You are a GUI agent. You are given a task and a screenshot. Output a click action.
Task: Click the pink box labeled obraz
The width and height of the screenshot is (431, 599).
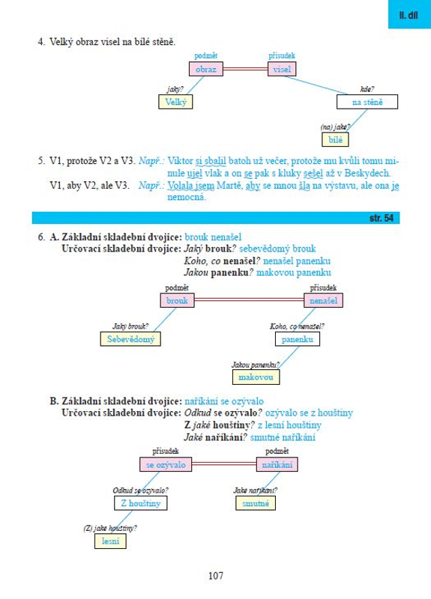tap(206, 69)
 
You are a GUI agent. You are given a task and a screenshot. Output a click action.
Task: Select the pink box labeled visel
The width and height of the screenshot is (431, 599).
tap(283, 69)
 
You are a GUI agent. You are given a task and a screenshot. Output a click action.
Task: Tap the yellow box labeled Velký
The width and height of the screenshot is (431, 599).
tap(175, 102)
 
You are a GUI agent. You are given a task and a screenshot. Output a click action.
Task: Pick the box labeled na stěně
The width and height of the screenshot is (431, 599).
tap(367, 102)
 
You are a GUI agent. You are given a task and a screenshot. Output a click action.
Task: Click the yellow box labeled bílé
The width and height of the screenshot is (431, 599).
tap(335, 139)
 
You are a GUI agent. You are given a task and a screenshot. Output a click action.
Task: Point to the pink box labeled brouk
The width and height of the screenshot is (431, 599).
tap(178, 300)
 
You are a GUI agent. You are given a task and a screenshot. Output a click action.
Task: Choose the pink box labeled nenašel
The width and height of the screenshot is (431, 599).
tap(324, 300)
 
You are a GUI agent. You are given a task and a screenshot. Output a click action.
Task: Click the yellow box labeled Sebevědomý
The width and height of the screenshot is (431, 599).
tap(130, 339)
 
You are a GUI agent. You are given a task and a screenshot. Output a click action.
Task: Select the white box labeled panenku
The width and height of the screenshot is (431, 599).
tap(298, 339)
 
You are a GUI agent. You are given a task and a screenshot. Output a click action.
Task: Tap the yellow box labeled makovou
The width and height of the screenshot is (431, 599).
tap(256, 377)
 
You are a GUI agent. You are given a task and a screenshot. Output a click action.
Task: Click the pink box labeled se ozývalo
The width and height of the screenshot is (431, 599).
tap(166, 464)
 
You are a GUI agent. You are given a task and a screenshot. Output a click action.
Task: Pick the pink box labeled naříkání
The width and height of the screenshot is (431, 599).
tap(277, 464)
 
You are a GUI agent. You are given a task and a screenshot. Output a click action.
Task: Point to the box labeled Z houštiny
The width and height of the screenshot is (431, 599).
tap(141, 503)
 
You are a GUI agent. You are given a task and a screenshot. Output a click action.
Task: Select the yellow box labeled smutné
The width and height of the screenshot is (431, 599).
tap(256, 503)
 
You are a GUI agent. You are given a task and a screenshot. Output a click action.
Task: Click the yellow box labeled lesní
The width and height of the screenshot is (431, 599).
tap(110, 541)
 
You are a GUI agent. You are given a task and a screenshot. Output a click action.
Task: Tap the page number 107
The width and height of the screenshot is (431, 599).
tap(216, 575)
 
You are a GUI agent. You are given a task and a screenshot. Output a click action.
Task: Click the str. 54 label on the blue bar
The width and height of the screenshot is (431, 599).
tap(382, 218)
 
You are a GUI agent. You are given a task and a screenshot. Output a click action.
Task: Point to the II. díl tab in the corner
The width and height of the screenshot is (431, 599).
tap(409, 15)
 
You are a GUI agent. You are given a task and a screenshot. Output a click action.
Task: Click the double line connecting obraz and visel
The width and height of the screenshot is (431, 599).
tap(246, 69)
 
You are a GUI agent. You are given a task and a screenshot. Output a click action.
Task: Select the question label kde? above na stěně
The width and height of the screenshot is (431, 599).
tap(367, 89)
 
